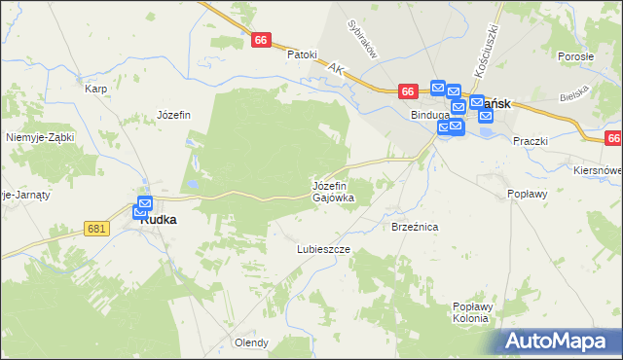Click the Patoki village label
pos(302,54)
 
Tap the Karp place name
pos(95,89)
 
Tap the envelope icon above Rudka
pos(144,206)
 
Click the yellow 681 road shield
pos(95,228)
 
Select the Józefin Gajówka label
pos(333,191)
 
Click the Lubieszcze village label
pos(323,249)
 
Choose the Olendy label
pos(251,342)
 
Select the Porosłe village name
pos(576,56)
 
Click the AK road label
pos(337,70)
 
